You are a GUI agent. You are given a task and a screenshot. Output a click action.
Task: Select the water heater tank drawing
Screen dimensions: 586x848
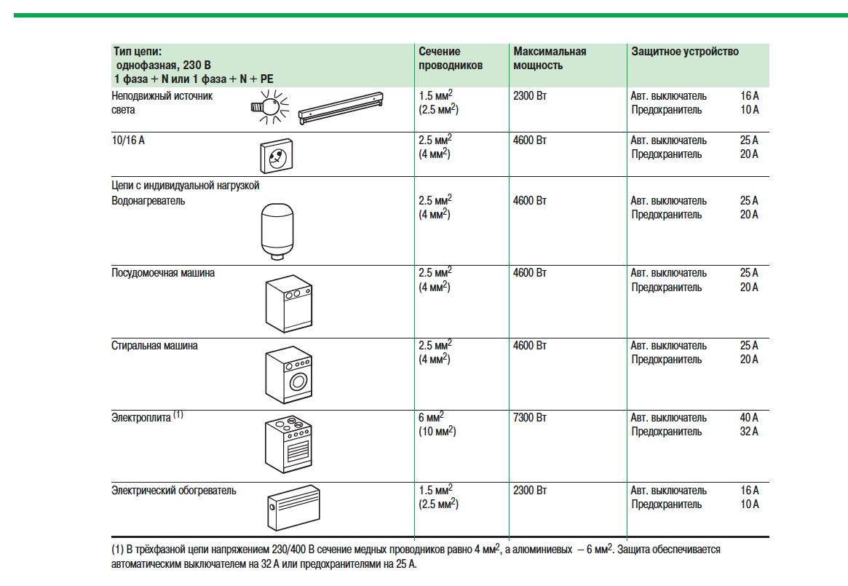[x=276, y=229]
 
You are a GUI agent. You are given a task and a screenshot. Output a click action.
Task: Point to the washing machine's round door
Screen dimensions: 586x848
[x=298, y=381]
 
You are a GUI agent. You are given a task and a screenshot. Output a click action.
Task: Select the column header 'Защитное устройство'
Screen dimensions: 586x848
[x=684, y=52]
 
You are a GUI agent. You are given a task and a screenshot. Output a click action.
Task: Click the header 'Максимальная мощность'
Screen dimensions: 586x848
[x=549, y=58]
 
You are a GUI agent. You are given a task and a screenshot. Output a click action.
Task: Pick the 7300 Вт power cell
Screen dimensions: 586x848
[x=529, y=418]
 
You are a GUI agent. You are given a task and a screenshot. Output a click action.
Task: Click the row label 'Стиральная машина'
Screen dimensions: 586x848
[x=154, y=346]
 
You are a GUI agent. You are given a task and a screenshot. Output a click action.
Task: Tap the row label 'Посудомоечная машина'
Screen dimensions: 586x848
[x=163, y=273]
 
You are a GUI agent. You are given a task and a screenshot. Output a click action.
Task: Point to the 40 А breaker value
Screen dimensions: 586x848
[x=748, y=418]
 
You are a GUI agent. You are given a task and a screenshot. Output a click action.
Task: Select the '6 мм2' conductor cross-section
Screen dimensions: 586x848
[x=432, y=417]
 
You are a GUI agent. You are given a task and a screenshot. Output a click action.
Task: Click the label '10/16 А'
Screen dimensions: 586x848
[x=128, y=140]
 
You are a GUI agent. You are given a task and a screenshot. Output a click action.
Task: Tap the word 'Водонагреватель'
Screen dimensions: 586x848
[x=148, y=200]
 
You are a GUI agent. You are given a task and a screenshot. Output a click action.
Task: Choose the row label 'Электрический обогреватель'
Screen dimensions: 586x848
[x=174, y=491]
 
